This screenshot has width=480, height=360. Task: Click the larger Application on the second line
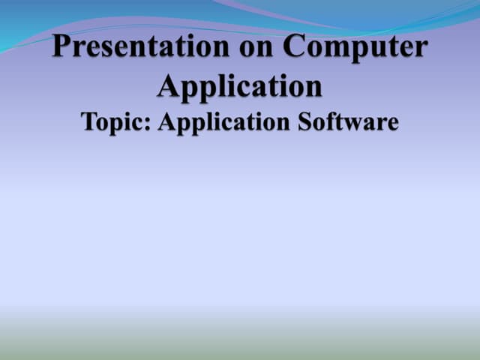(x=240, y=87)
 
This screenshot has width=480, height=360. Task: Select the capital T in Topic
(x=88, y=121)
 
